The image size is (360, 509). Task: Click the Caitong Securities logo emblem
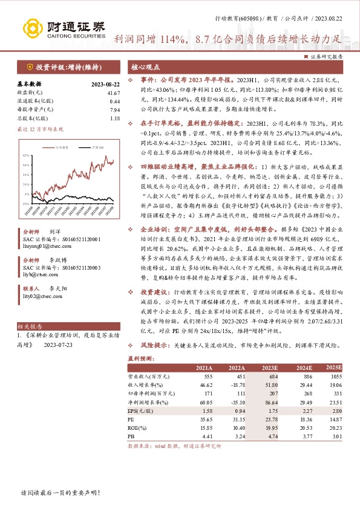pyautogui.click(x=32, y=28)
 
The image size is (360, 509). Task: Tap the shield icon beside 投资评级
pyautogui.click(x=28, y=67)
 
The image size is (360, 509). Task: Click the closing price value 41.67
pyautogui.click(x=114, y=93)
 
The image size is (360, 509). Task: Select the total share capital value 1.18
pyautogui.click(x=115, y=118)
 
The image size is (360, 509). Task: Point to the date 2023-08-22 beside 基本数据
pyautogui.click(x=106, y=85)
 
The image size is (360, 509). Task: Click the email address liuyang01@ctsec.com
pyautogui.click(x=58, y=247)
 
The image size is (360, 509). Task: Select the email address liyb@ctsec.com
pyautogui.click(x=54, y=273)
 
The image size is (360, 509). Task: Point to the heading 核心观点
pyautogui.click(x=145, y=67)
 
